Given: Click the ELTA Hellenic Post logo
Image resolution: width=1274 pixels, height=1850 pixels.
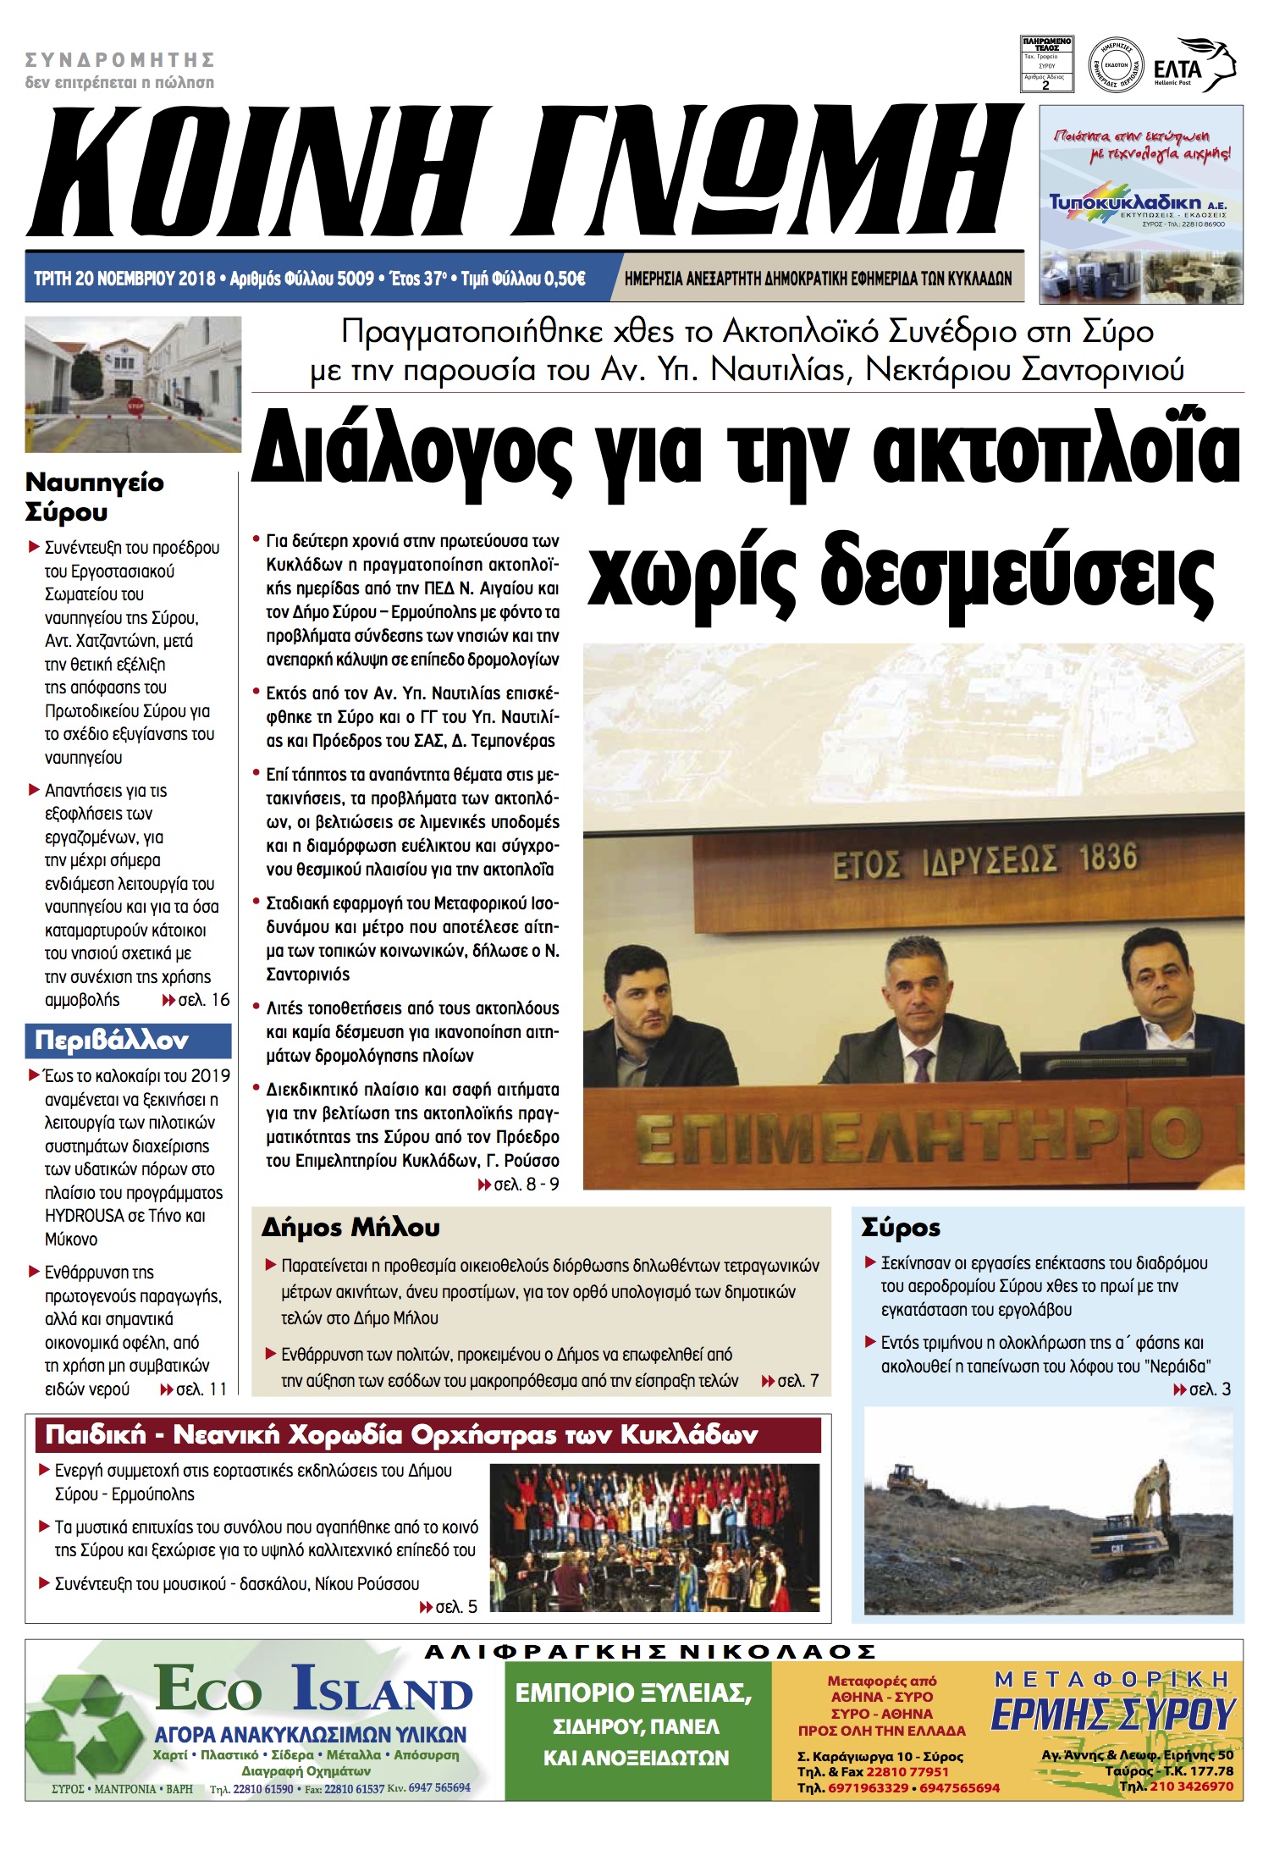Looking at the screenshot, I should tap(1194, 66).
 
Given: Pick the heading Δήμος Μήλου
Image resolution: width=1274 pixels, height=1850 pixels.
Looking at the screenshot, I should tap(350, 1227).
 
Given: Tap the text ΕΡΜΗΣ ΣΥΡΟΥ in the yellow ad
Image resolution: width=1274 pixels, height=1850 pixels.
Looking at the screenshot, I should tap(1112, 1715).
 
